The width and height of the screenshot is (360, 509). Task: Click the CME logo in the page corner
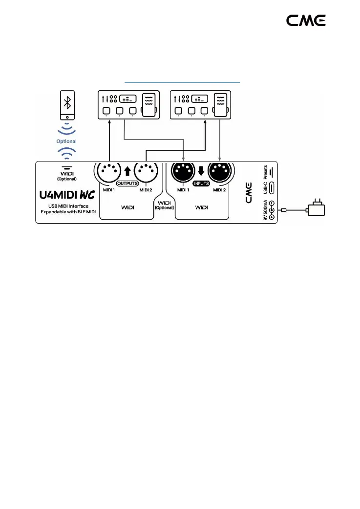(306, 20)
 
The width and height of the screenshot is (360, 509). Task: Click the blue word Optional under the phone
(67, 141)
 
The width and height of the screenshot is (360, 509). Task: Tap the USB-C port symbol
(271, 188)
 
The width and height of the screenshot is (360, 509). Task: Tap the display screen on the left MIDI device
(127, 98)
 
